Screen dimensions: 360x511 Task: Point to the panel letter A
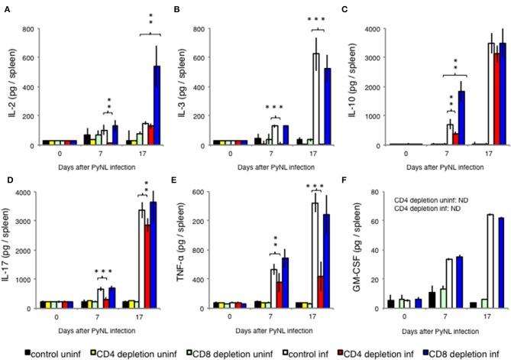[5, 9]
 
